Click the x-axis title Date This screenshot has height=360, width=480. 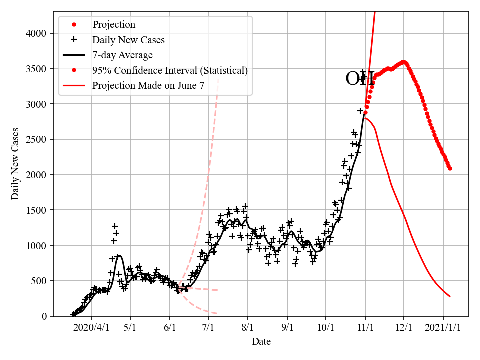[x=261, y=342]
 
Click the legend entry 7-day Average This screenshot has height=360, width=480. [x=122, y=55]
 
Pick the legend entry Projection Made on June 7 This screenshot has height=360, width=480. [x=148, y=86]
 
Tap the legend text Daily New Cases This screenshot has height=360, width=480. [x=128, y=39]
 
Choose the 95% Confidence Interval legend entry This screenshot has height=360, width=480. [x=170, y=70]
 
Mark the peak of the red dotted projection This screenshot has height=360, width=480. [x=404, y=62]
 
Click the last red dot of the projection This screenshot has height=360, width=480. [x=450, y=168]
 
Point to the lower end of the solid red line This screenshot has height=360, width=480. [x=450, y=296]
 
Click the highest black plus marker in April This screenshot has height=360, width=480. [x=115, y=226]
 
